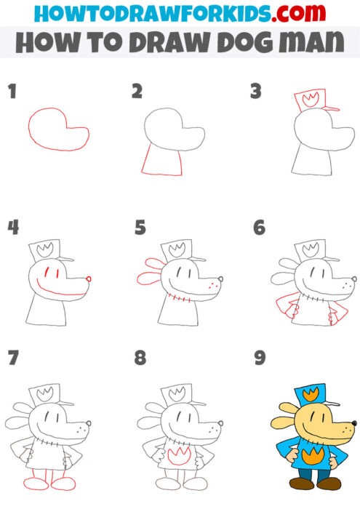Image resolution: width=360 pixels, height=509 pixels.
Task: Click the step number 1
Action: point(12,91)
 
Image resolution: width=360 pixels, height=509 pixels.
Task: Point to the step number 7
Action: point(12,358)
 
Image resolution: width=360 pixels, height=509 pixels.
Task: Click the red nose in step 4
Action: point(89,278)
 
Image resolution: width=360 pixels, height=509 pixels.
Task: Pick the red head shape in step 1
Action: point(57,129)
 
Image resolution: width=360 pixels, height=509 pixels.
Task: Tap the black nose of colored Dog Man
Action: point(353,422)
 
